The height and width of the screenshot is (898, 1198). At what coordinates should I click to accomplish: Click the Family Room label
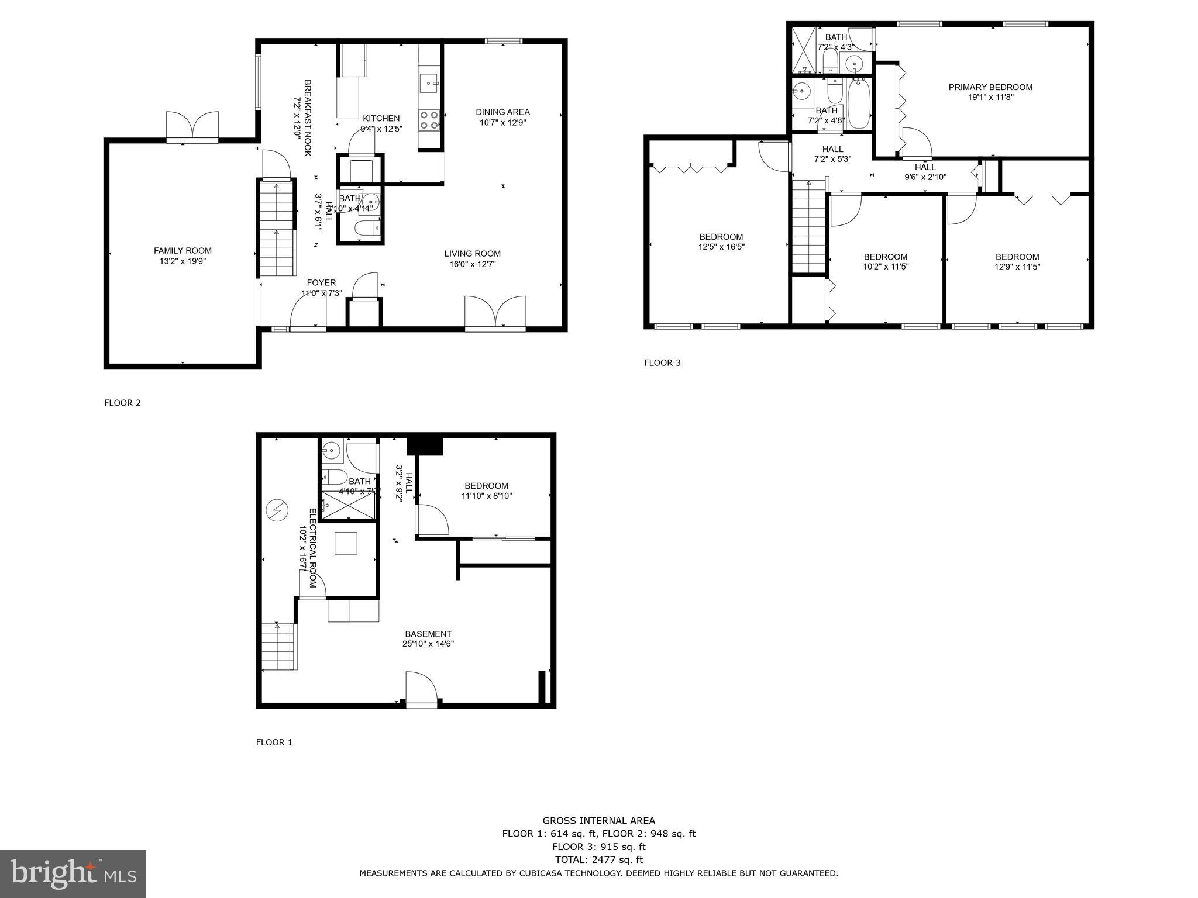pyautogui.click(x=183, y=251)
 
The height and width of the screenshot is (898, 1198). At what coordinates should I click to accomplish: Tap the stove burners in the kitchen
pyautogui.click(x=429, y=120)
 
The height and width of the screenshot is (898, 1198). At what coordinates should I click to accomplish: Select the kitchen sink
pyautogui.click(x=430, y=83)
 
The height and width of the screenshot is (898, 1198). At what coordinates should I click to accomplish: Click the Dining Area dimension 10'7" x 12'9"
pyautogui.click(x=502, y=122)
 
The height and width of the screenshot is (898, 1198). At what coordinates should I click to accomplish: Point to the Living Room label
pyautogui.click(x=472, y=254)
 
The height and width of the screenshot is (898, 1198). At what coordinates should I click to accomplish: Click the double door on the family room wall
pyautogui.click(x=192, y=126)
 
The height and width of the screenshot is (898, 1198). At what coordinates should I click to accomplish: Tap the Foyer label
pyautogui.click(x=321, y=283)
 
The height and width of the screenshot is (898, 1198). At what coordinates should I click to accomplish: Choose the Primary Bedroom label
pyautogui.click(x=990, y=87)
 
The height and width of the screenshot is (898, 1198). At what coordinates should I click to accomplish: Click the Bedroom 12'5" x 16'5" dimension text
pyautogui.click(x=721, y=247)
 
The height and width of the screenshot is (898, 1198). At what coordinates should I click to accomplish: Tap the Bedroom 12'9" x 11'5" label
pyautogui.click(x=1017, y=257)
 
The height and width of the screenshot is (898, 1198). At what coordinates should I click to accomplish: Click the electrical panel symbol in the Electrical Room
pyautogui.click(x=277, y=510)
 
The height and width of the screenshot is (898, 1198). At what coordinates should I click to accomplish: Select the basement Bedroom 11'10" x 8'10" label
pyautogui.click(x=486, y=486)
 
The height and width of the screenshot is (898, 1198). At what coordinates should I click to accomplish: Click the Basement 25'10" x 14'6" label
pyautogui.click(x=428, y=634)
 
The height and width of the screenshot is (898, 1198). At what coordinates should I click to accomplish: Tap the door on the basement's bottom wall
pyautogui.click(x=421, y=690)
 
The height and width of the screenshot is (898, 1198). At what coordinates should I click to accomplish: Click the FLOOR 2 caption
pyautogui.click(x=122, y=403)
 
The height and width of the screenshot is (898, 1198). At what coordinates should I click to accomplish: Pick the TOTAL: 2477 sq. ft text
pyautogui.click(x=598, y=859)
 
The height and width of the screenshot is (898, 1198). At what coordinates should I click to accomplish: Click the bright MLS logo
pyautogui.click(x=73, y=873)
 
